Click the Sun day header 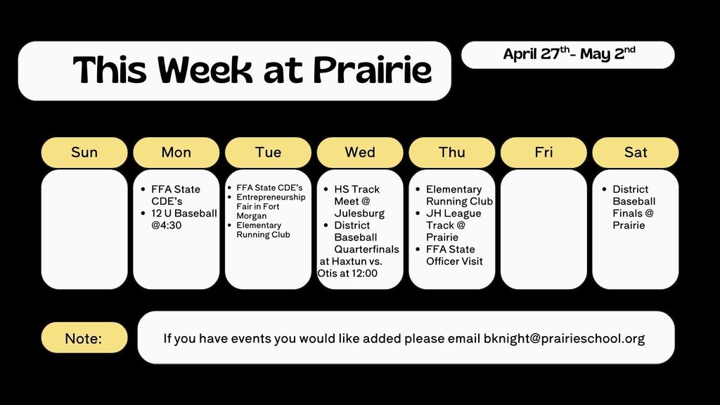(84, 153)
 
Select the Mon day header (176, 153)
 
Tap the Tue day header (268, 153)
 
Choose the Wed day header (360, 153)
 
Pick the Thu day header (452, 153)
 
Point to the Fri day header (544, 153)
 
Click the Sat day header (636, 153)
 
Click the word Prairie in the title (372, 70)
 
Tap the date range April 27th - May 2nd (568, 54)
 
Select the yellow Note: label (84, 338)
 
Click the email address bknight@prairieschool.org (564, 338)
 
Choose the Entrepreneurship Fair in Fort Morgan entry (270, 207)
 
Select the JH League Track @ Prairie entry (453, 225)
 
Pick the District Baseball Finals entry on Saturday (633, 207)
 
